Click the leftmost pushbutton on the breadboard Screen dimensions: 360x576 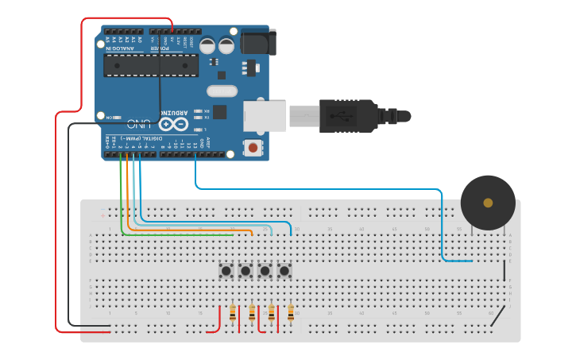coord(226,271)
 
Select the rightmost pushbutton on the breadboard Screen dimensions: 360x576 coord(284,271)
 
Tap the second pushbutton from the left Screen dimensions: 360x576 coord(245,271)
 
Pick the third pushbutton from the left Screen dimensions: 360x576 coord(265,271)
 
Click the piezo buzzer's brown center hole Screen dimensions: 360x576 coord(488,203)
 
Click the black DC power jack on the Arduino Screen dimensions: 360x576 coord(257,41)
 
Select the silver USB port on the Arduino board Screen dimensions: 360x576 coord(264,115)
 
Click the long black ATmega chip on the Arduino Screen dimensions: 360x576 coord(151,66)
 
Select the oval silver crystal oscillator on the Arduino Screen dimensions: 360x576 coord(222,91)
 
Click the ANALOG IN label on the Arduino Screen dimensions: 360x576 coord(119,48)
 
